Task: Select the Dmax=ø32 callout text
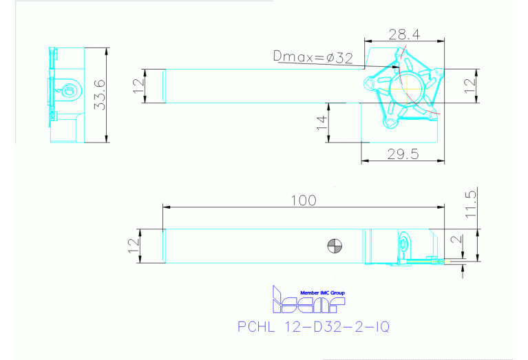pos(313,59)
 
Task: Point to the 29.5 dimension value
pos(402,153)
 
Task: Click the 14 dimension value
pos(321,123)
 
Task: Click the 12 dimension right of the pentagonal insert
pos(469,86)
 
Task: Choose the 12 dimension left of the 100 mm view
pos(134,244)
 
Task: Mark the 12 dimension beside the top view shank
pos(139,86)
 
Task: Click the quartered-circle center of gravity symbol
pos(335,246)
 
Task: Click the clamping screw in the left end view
pos(67,89)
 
